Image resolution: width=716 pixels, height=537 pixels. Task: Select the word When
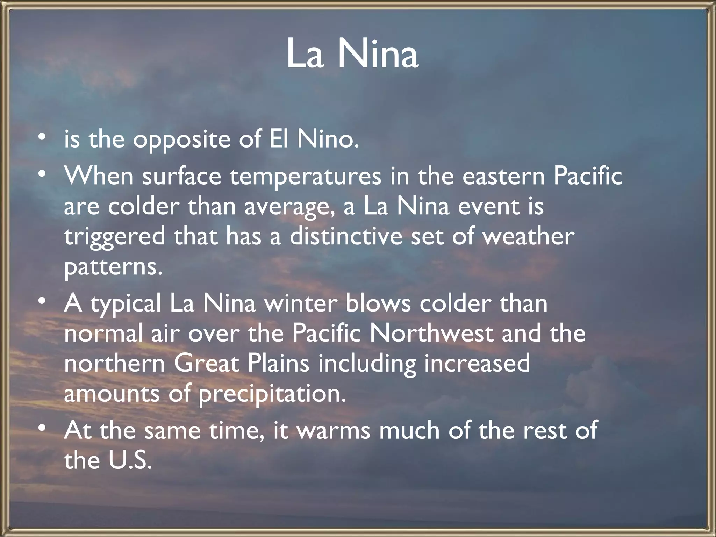(99, 176)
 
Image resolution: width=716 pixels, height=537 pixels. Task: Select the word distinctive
(346, 236)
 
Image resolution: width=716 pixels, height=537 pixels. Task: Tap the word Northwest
(431, 333)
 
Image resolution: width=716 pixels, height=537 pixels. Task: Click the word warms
(333, 430)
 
